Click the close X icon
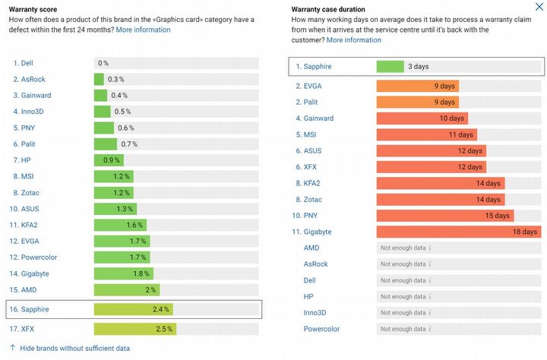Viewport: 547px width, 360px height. pyautogui.click(x=539, y=7)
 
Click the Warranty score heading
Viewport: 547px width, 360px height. pyautogui.click(x=35, y=8)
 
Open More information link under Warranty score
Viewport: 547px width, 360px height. pyautogui.click(x=143, y=30)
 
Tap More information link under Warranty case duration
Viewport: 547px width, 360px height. pyautogui.click(x=353, y=39)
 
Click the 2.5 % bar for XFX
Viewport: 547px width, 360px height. pyautogui.click(x=134, y=329)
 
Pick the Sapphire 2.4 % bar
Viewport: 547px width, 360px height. pyautogui.click(x=133, y=309)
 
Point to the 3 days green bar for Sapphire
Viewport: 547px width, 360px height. pyautogui.click(x=390, y=67)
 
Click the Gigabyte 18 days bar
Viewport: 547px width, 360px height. pyautogui.click(x=458, y=232)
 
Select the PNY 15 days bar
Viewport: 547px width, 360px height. pyautogui.click(x=444, y=216)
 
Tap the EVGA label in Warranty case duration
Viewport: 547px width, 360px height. pyautogui.click(x=313, y=86)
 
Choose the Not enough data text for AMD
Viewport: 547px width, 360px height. pyautogui.click(x=403, y=248)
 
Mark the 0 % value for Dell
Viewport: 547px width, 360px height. pyautogui.click(x=103, y=62)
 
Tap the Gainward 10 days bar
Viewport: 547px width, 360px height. pyautogui.click(x=422, y=118)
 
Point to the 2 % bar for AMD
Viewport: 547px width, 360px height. pyautogui.click(x=126, y=289)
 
